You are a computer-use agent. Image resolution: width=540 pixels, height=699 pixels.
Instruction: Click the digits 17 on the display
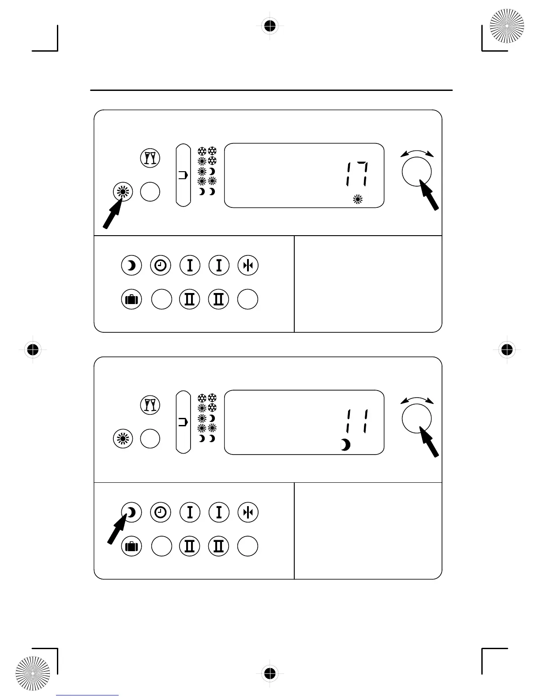point(357,175)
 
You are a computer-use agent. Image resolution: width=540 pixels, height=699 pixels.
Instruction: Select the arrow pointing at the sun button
point(112,213)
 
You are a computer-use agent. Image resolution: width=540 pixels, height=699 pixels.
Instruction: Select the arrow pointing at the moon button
point(117,529)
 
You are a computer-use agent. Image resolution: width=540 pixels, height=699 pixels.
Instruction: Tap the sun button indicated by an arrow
point(123,192)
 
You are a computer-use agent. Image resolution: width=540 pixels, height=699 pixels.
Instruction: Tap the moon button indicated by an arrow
point(131,512)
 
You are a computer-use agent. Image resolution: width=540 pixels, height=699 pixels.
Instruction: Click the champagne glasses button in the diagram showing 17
point(150,158)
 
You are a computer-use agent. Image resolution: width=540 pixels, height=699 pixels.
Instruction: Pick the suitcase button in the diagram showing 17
point(131,300)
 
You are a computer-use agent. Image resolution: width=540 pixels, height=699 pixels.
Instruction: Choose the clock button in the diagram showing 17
point(161,266)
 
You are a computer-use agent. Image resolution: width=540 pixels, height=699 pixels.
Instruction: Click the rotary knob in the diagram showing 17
point(416,172)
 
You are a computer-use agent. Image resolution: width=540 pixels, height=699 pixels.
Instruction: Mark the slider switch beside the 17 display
point(183,175)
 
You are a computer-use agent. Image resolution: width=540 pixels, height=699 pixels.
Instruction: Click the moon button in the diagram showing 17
point(131,266)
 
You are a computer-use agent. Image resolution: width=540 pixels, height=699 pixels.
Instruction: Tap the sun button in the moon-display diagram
point(123,439)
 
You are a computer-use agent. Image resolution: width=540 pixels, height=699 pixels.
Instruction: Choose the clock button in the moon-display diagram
point(161,512)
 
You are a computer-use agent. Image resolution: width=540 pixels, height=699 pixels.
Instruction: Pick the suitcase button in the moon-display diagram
point(131,546)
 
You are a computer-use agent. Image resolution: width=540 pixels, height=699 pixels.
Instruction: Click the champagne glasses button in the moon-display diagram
point(150,405)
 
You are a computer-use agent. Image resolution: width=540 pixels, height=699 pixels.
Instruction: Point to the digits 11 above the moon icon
point(357,421)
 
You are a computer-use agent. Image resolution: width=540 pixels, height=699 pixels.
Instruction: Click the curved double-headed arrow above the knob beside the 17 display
point(417,153)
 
